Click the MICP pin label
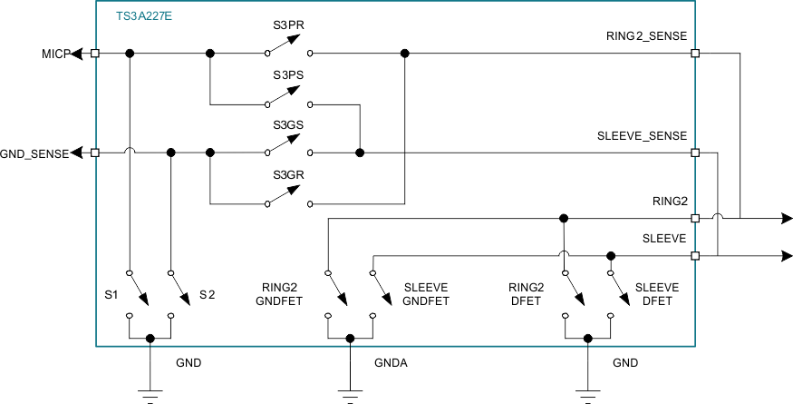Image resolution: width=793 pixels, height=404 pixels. tap(51, 54)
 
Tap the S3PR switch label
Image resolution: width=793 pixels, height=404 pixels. tap(288, 27)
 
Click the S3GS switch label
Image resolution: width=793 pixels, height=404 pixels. tap(288, 126)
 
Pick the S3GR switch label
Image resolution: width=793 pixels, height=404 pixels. tap(288, 176)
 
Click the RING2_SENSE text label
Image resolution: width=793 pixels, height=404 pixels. tap(646, 36)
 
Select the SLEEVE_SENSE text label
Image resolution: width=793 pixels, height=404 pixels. tap(642, 135)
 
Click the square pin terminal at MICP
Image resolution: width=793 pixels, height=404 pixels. tap(96, 54)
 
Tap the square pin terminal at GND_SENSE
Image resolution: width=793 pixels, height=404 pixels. tap(96, 153)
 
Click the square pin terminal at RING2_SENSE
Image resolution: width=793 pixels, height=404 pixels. tap(695, 54)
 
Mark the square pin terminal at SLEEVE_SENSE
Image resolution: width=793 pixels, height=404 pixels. tap(695, 153)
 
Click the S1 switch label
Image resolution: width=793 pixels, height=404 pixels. tap(111, 295)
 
